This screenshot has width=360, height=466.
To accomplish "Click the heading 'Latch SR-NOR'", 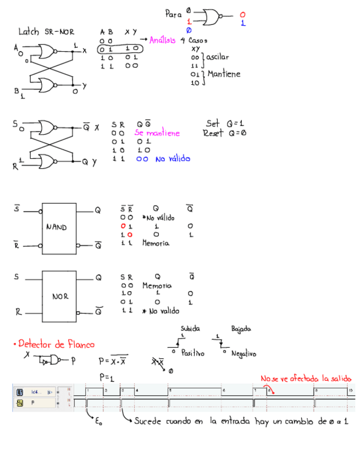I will pos(46,32).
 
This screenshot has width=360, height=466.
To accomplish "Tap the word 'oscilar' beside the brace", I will pos(218,57).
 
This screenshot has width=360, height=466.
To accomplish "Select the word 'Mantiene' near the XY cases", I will pos(224,74).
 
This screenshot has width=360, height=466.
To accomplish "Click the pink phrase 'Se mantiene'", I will pos(157,133).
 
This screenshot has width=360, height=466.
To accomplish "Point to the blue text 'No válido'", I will pos(173,159).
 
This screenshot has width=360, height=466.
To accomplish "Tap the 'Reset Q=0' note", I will pos(224,133).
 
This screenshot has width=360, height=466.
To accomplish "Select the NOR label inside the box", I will pos(60,296).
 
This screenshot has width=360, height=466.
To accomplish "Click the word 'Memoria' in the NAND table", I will pos(156,243).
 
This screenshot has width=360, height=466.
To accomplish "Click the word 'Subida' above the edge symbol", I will pos(190,329).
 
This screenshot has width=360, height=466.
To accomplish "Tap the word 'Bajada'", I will pos(241,329).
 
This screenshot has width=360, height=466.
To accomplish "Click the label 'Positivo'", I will pos(193,353).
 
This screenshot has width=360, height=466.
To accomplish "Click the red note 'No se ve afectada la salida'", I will pos(306,379).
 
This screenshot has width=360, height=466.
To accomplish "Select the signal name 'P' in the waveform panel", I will pos(32,403).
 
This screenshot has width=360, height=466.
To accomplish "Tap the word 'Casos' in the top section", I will pos(198,40).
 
